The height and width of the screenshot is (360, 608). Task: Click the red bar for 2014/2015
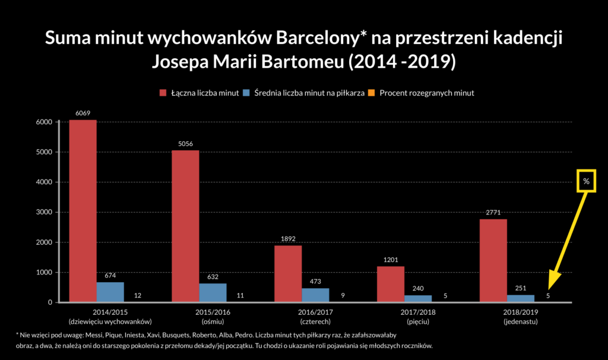(x=83, y=211)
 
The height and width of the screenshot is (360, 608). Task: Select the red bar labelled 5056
(x=185, y=226)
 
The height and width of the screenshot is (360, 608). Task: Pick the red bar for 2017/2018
(x=390, y=284)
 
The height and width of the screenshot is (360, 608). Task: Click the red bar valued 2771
(x=493, y=260)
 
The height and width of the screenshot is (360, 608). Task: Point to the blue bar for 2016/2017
(x=315, y=295)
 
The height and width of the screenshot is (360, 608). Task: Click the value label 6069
(x=83, y=113)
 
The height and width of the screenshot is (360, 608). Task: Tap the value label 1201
(x=390, y=260)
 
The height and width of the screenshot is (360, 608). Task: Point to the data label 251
(x=520, y=288)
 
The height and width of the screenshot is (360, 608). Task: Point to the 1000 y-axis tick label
(x=45, y=273)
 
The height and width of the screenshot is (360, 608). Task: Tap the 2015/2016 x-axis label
(x=213, y=312)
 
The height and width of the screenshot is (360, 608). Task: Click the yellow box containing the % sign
(x=586, y=181)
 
